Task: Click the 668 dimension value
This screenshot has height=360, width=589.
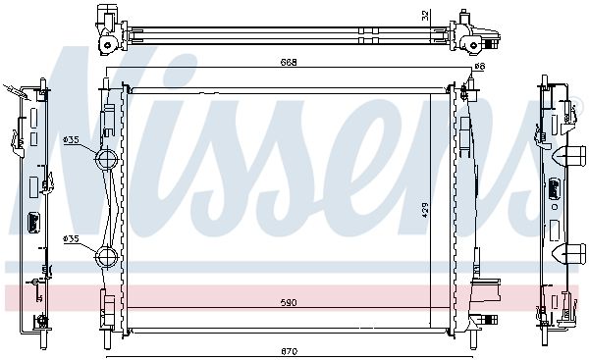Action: [289, 63]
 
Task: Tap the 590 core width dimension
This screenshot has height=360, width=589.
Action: [289, 302]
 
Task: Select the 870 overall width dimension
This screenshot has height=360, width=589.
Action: [289, 351]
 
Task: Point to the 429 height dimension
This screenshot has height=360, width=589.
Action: [425, 211]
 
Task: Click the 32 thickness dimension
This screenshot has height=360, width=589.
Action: [425, 16]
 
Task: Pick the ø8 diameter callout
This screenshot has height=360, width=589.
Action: [480, 67]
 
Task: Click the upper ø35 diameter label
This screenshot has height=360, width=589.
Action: [71, 140]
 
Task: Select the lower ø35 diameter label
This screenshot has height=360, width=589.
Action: [71, 238]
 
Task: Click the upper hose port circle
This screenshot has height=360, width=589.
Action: [107, 160]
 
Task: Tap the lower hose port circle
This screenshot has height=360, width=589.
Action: [107, 257]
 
